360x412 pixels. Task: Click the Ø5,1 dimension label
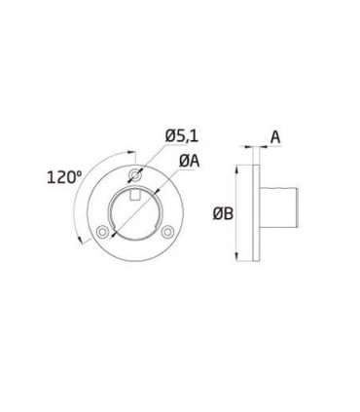click(181, 135)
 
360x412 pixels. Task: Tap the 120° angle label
click(64, 177)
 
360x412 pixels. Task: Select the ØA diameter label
click(190, 161)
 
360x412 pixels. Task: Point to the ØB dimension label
click(223, 213)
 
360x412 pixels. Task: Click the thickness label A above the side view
click(275, 137)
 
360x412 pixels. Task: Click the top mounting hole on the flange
click(135, 175)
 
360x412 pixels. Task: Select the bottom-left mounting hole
click(103, 232)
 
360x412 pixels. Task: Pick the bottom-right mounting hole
click(167, 232)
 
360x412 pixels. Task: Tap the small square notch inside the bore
click(135, 196)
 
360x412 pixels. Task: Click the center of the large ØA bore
click(135, 212)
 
